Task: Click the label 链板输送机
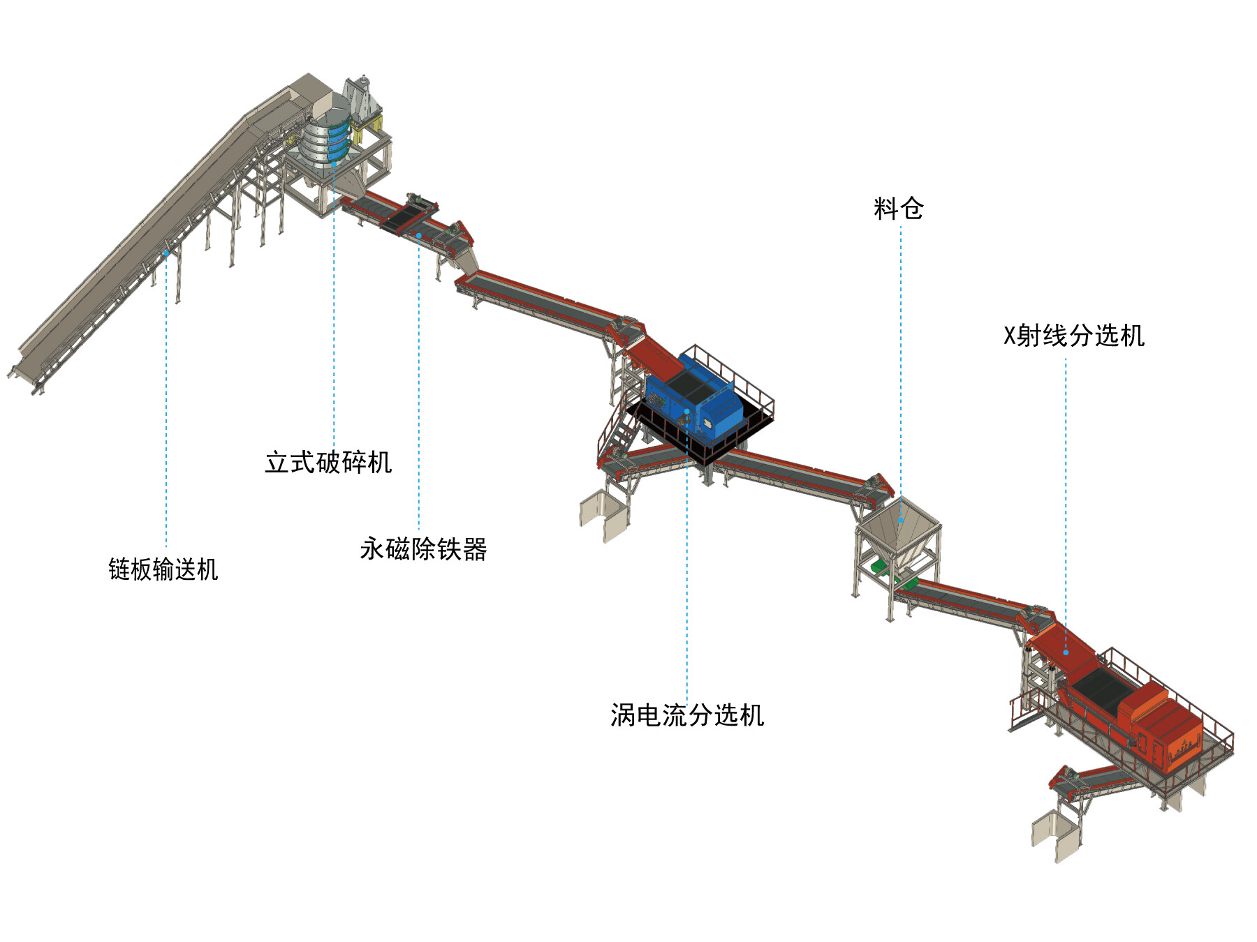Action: click(x=163, y=569)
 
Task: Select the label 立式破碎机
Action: click(x=328, y=462)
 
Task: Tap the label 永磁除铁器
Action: click(x=423, y=549)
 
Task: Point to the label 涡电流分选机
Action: click(x=687, y=715)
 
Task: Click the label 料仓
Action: click(x=898, y=208)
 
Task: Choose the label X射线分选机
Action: click(x=1073, y=336)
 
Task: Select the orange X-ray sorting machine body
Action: click(x=1159, y=726)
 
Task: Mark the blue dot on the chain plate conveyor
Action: click(x=166, y=253)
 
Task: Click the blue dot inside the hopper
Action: click(x=901, y=521)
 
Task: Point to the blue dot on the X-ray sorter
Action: click(x=1066, y=652)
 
